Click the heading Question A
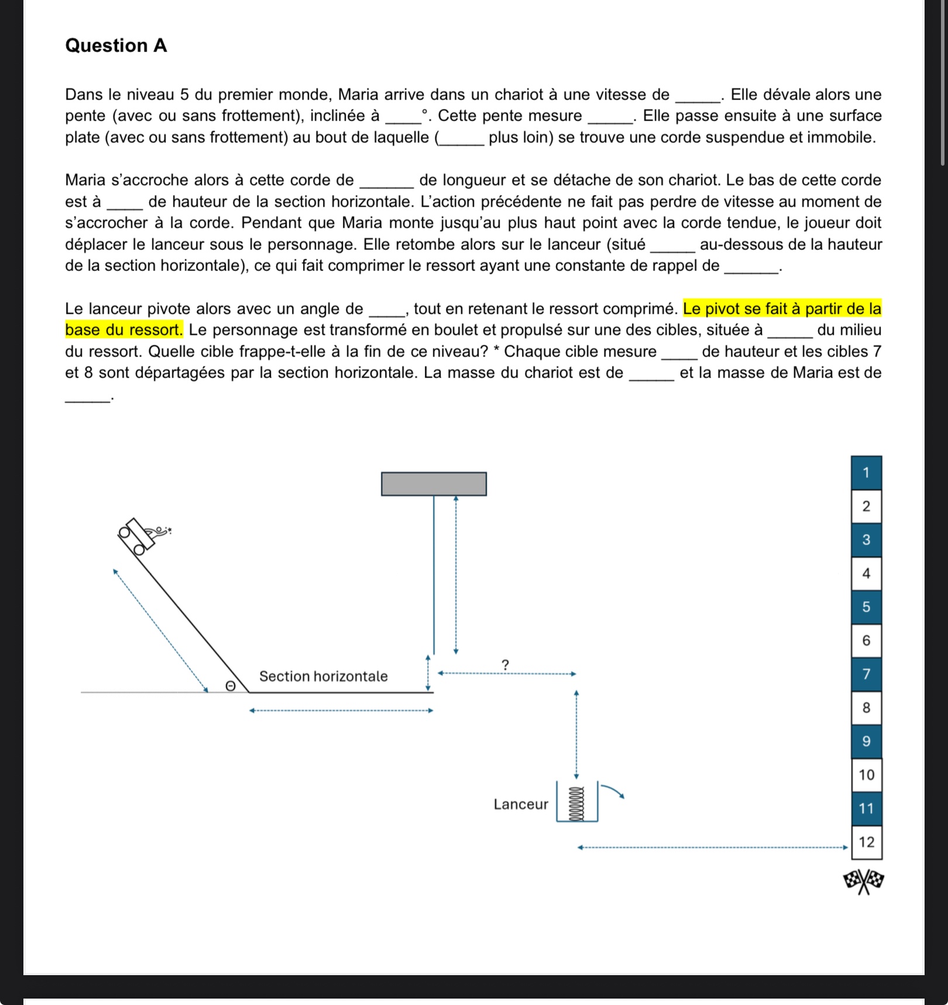point(116,46)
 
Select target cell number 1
point(866,472)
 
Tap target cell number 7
point(866,674)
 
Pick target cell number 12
point(866,842)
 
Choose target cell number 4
point(866,574)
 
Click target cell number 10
point(866,775)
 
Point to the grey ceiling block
point(434,484)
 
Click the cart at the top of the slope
point(137,535)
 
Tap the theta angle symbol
point(230,685)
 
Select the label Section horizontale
point(323,677)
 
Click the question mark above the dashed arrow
point(506,665)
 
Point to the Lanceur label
point(521,804)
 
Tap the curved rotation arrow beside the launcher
point(613,790)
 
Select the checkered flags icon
point(864,880)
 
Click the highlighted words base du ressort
point(124,330)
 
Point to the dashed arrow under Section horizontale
point(341,711)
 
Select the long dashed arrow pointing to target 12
point(712,847)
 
